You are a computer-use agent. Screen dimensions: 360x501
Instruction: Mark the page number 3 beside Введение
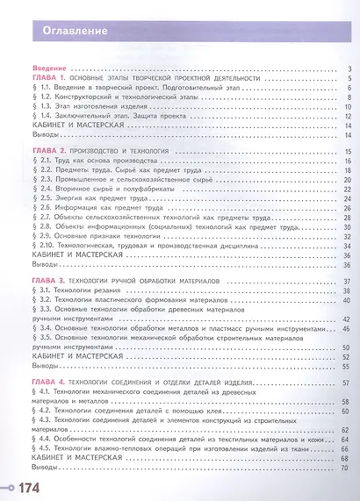[x=349, y=68]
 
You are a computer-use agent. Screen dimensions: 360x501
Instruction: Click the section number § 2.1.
[x=44, y=162]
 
